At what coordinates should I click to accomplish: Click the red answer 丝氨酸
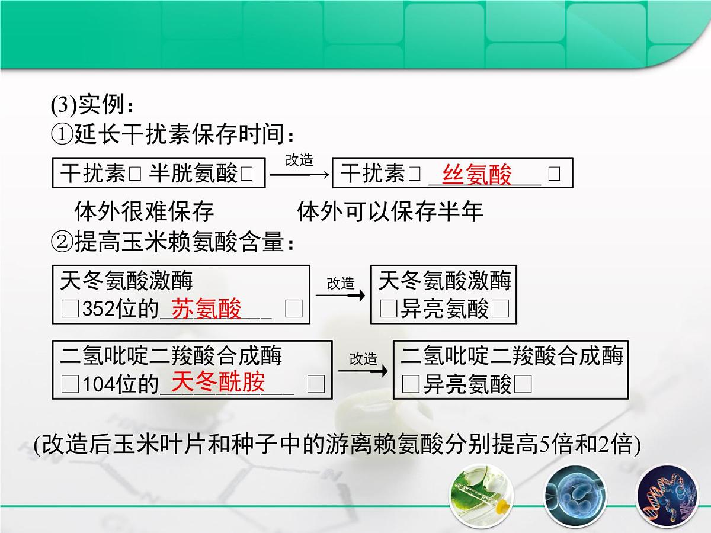click(476, 175)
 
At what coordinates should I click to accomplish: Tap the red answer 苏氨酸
click(206, 309)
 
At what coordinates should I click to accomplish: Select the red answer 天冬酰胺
click(217, 383)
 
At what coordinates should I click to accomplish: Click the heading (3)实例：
click(94, 105)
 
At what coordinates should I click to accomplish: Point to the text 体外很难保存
click(144, 211)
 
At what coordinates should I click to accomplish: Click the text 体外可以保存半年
click(390, 211)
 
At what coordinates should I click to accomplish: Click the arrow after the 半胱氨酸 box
click(299, 174)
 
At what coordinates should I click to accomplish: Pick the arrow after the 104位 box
click(363, 371)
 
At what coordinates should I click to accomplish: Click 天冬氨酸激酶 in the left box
click(126, 281)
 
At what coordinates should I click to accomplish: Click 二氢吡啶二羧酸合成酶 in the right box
click(512, 356)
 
